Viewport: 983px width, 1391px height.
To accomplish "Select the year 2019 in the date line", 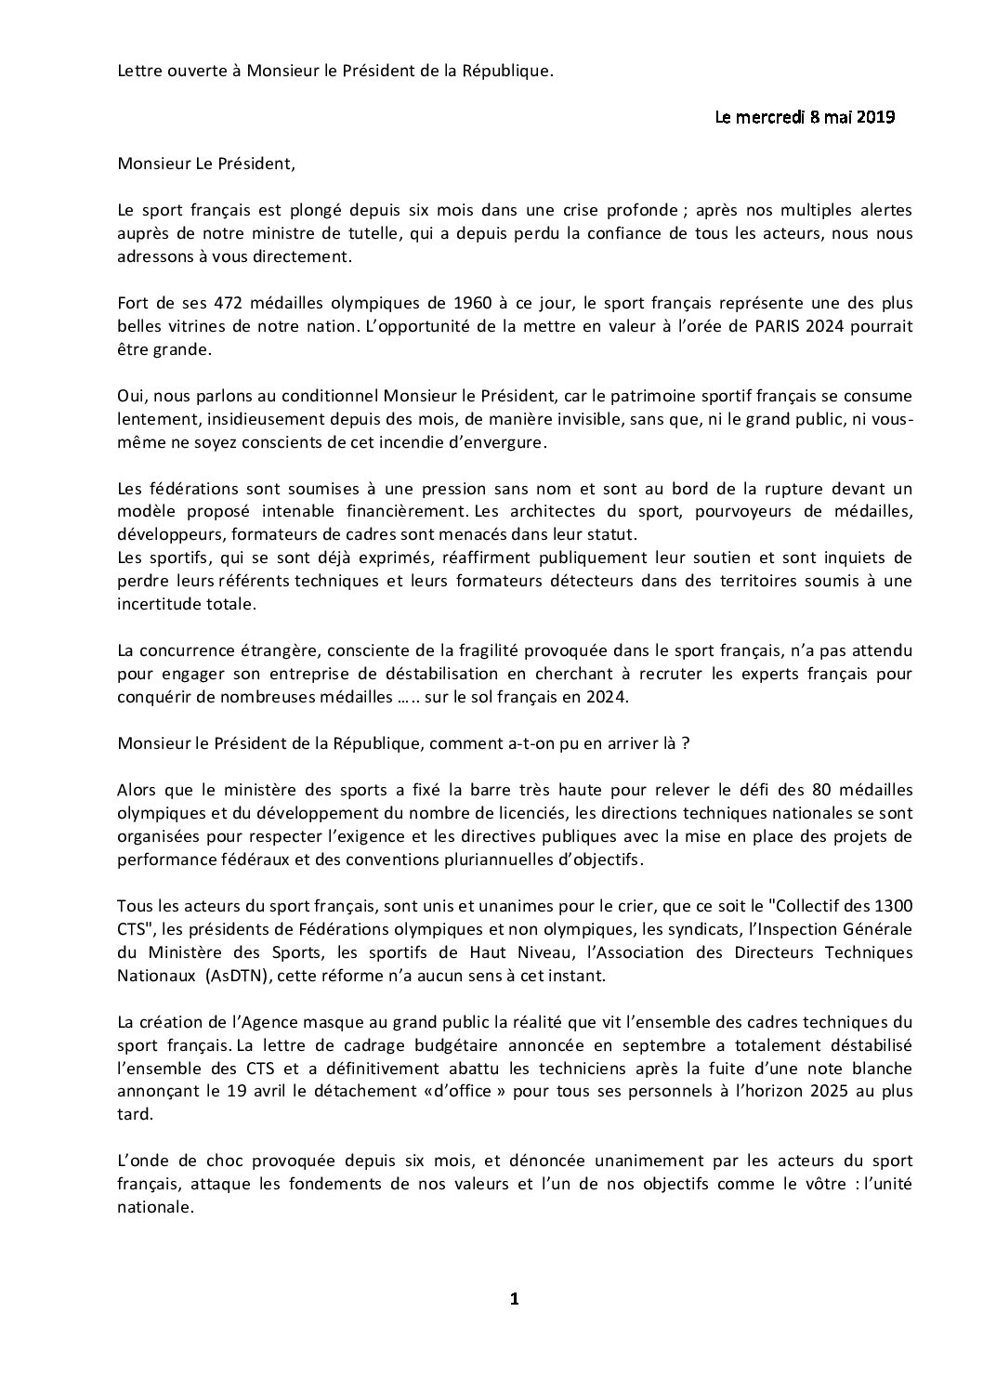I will point(875,117).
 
